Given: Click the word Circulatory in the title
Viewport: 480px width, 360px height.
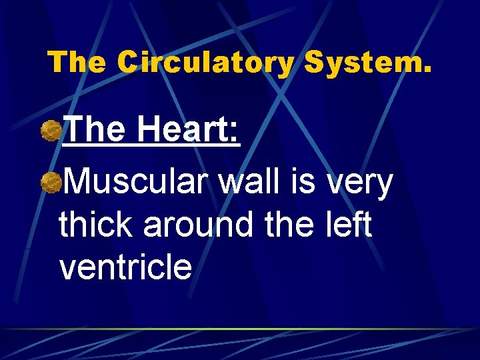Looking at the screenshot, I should [x=205, y=63].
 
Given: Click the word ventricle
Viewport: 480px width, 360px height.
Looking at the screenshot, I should [x=125, y=266].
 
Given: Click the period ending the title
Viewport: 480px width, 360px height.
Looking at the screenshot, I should [x=427, y=70].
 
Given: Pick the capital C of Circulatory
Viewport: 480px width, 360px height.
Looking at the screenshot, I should [x=129, y=63].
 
